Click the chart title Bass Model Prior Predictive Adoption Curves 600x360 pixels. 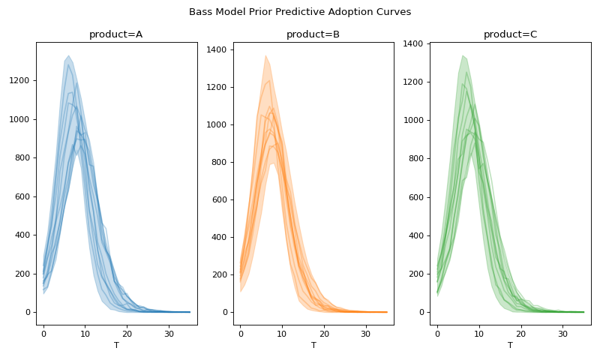pyautogui.click(x=300, y=12)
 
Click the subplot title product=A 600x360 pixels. pyautogui.click(x=115, y=34)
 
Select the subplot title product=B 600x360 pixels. pyautogui.click(x=313, y=34)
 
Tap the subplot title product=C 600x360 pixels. pyautogui.click(x=510, y=34)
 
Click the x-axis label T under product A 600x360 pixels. pyautogui.click(x=115, y=345)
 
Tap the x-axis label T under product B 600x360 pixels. pyautogui.click(x=313, y=345)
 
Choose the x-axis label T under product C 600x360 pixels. pyautogui.click(x=510, y=345)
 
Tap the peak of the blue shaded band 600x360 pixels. pyautogui.click(x=68, y=55)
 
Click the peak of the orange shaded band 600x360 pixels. pyautogui.click(x=265, y=55)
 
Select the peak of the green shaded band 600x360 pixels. pyautogui.click(x=463, y=55)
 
